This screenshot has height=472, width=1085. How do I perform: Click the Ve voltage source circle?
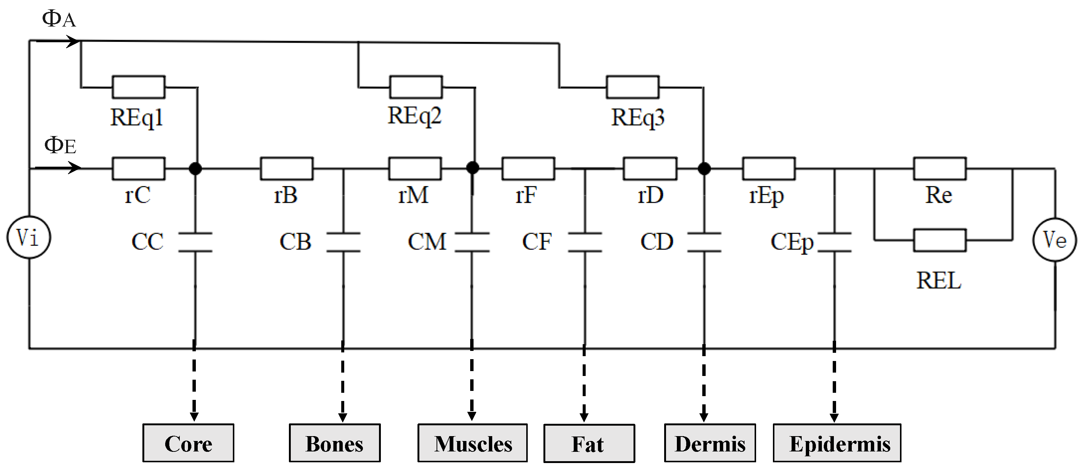coord(1054,240)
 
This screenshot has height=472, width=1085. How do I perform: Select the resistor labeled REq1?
coord(139,87)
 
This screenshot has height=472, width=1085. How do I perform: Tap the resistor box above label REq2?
coord(416,87)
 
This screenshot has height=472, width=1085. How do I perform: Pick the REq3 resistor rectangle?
coord(632,87)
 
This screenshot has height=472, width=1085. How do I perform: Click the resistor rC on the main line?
coord(139,169)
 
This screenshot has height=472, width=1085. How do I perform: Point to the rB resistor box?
coord(286,169)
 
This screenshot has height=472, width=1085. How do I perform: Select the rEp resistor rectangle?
coord(768,169)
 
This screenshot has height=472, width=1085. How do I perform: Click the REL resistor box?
coord(939,240)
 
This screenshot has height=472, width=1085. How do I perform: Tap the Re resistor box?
coord(939,169)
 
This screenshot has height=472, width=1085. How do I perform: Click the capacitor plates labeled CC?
coord(195,242)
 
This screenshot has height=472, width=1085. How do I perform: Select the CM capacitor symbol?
coord(472,242)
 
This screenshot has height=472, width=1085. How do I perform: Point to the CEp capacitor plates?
coord(834,242)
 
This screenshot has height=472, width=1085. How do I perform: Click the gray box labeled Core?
coord(188,443)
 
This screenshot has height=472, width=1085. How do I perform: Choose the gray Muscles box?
coord(472,443)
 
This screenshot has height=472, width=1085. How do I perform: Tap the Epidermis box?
coord(836,443)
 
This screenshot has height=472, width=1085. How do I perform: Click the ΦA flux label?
coord(59,19)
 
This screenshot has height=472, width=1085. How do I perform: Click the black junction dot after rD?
coord(704,169)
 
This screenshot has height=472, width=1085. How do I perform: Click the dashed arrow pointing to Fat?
coord(584,383)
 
